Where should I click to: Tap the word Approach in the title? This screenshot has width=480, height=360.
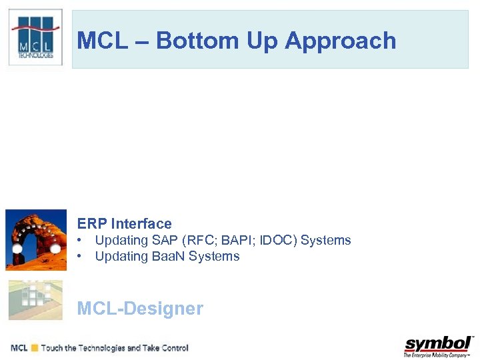tap(341, 41)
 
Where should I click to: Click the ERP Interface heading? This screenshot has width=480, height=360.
tap(124, 223)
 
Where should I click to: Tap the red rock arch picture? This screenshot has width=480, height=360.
tap(35, 239)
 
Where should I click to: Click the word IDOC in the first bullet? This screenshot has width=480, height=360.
tap(273, 241)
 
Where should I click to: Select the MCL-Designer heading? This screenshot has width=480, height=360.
tap(140, 308)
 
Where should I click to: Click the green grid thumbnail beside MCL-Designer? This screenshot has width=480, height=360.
tap(35, 300)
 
